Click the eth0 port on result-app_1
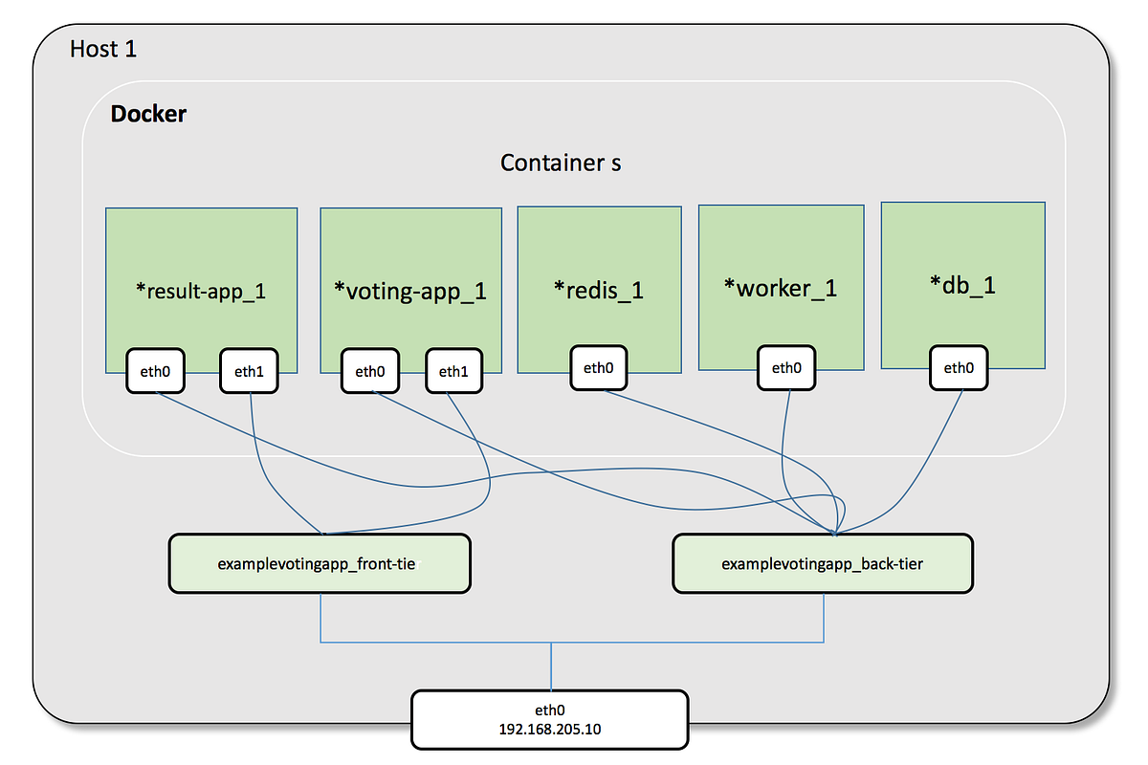[156, 371]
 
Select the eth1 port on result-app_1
[249, 371]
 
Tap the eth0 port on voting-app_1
[370, 371]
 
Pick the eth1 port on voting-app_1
[453, 371]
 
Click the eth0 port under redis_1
[599, 367]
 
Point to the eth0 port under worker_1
[786, 367]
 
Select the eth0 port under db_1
[959, 367]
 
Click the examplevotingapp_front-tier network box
[320, 563]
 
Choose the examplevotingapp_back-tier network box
[823, 563]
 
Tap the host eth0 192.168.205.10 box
[550, 719]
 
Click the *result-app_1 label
[201, 291]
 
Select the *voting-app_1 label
[410, 291]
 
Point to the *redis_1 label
[599, 289]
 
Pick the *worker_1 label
[781, 287]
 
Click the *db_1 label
[962, 284]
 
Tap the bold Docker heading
[148, 115]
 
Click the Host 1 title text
[103, 49]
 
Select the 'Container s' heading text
[561, 163]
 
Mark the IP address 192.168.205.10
[550, 730]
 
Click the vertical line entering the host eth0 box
[551, 667]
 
